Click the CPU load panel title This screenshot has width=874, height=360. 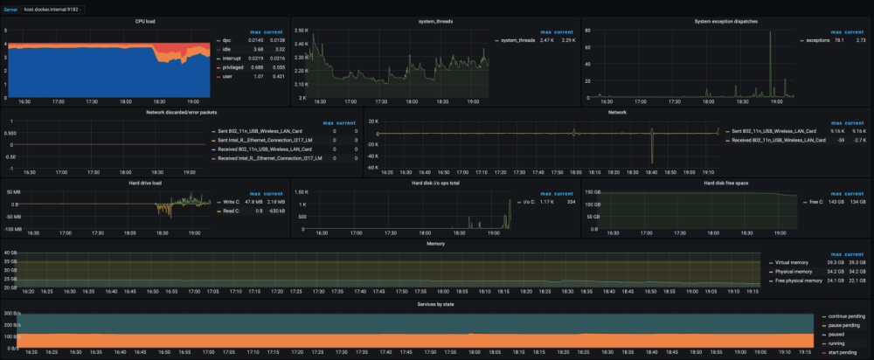point(145,20)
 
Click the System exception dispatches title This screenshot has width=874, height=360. point(725,20)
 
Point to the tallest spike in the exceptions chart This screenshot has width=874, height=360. point(770,33)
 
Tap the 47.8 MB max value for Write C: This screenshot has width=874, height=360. point(258,202)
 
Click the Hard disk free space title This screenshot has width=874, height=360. point(725,183)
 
